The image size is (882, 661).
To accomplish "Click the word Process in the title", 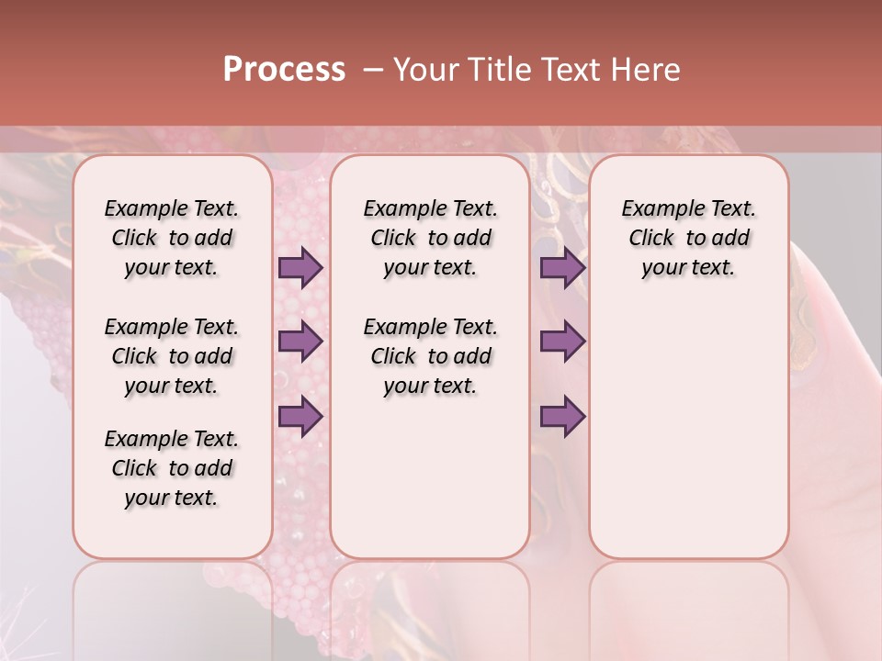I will tap(284, 70).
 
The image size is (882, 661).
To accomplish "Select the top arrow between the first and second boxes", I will tap(300, 268).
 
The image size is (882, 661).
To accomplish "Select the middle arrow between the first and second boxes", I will tap(300, 342).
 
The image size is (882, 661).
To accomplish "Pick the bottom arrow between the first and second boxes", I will tap(300, 416).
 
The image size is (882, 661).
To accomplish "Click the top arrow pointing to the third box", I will tap(562, 268).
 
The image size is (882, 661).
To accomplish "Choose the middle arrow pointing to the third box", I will tap(562, 342).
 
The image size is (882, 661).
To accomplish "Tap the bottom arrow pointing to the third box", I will tap(562, 416).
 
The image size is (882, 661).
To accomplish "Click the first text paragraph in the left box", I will tap(172, 238).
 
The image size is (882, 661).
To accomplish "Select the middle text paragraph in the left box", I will tap(172, 356).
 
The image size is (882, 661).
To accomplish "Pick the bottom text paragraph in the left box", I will tap(172, 468).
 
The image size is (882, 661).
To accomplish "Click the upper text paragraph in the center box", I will tap(430, 238).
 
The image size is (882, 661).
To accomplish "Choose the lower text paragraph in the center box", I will tap(430, 356).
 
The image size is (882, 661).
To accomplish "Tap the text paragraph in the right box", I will tap(688, 238).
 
